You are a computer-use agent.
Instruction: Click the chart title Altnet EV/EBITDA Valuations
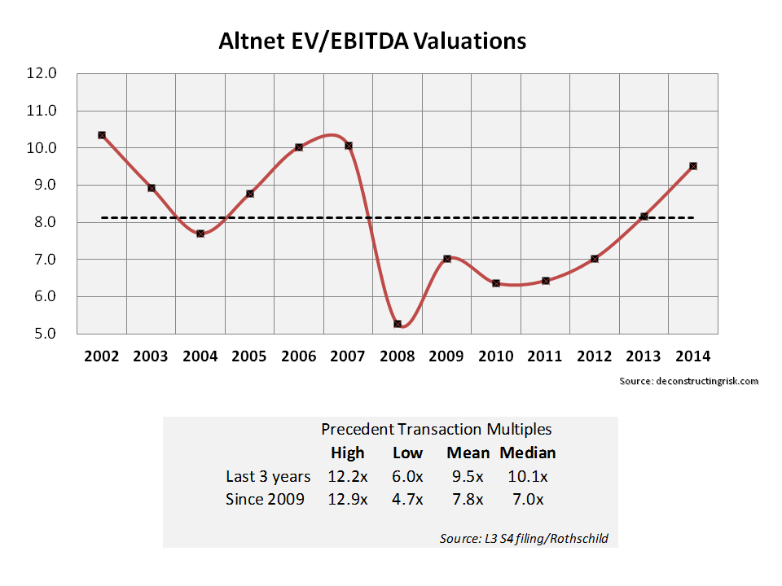372,42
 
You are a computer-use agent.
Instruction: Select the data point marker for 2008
398,324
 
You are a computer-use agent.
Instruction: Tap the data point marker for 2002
102,135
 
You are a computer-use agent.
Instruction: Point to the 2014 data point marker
693,166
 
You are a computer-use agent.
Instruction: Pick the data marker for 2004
200,234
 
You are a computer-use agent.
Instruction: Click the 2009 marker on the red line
447,259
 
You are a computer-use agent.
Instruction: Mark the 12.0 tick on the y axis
43,73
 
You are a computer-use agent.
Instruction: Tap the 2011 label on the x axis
545,356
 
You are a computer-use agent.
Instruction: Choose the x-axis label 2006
299,356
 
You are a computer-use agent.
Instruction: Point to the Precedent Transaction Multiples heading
436,429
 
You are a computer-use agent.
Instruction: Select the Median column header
527,453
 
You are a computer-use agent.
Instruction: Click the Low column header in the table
407,453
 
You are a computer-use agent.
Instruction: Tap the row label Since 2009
265,499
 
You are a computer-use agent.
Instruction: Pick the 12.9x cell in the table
348,499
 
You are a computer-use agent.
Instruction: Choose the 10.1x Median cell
527,476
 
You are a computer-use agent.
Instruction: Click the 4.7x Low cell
407,499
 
